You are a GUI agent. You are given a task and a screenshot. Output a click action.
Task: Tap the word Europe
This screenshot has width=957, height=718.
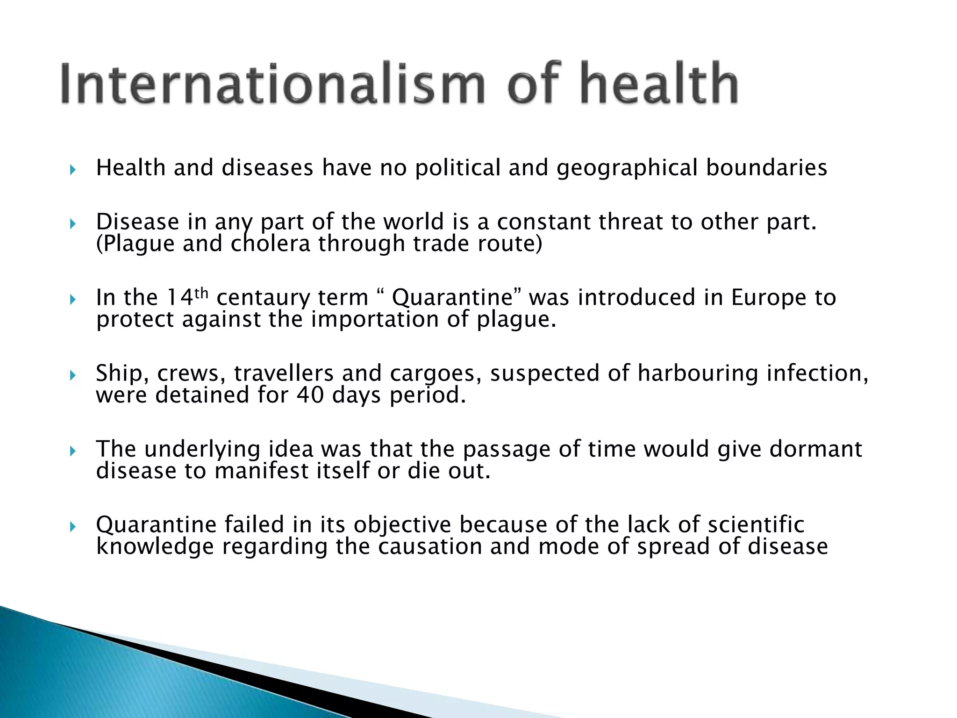tap(768, 298)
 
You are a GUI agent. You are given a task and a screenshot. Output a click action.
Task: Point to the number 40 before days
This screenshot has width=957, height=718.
tap(310, 395)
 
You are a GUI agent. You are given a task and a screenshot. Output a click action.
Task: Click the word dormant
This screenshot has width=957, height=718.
tap(815, 449)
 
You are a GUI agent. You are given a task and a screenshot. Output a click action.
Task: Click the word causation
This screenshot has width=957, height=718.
tap(430, 546)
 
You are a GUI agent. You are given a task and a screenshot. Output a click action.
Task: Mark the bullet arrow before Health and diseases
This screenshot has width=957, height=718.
tap(72, 169)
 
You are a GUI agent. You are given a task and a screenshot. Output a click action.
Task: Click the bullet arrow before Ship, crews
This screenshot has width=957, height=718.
tap(72, 375)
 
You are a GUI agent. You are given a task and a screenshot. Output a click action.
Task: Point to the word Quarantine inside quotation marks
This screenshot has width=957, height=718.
tap(452, 298)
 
